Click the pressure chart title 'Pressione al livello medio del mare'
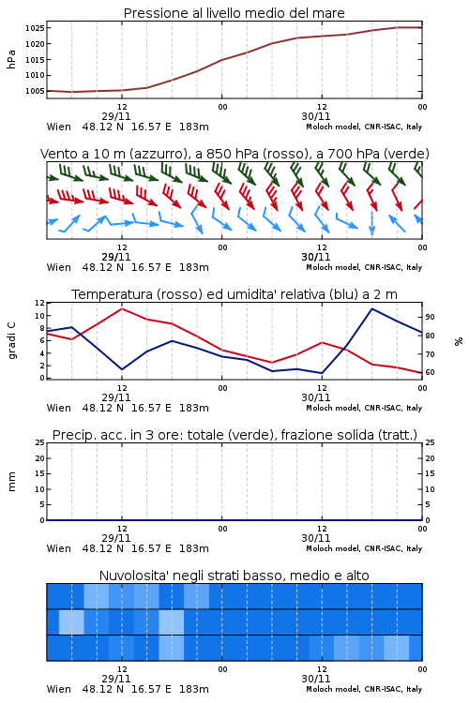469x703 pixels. click(x=234, y=13)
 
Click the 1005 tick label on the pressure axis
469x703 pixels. click(x=35, y=91)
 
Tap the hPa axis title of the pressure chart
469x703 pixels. click(x=11, y=59)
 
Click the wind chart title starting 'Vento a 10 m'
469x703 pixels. click(x=234, y=154)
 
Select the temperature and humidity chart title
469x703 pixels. click(x=234, y=294)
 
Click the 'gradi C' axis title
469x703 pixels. click(x=11, y=340)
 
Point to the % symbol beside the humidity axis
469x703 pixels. click(x=459, y=341)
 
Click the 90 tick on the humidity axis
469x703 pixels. click(x=430, y=317)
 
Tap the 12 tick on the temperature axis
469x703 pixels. click(x=39, y=303)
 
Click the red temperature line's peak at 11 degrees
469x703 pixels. click(x=122, y=308)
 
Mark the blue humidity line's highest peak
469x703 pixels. click(x=372, y=308)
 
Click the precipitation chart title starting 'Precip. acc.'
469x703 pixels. click(x=234, y=435)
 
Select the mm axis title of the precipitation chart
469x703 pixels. click(x=11, y=482)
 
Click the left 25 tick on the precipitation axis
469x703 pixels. click(x=39, y=443)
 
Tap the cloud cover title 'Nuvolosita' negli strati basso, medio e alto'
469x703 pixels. click(x=234, y=576)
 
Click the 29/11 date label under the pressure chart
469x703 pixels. click(x=115, y=116)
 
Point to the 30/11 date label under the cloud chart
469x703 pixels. click(x=316, y=679)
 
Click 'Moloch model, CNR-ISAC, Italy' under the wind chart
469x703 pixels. click(x=364, y=267)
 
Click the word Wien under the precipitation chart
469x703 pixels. click(x=59, y=548)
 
